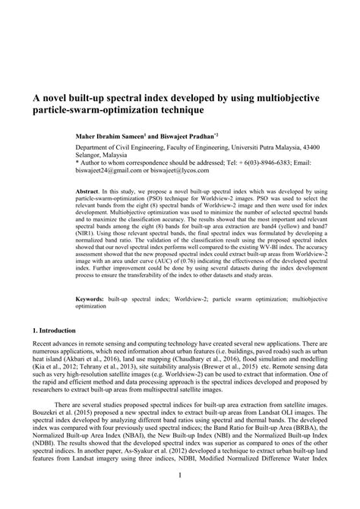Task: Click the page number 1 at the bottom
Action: coord(180,497)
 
